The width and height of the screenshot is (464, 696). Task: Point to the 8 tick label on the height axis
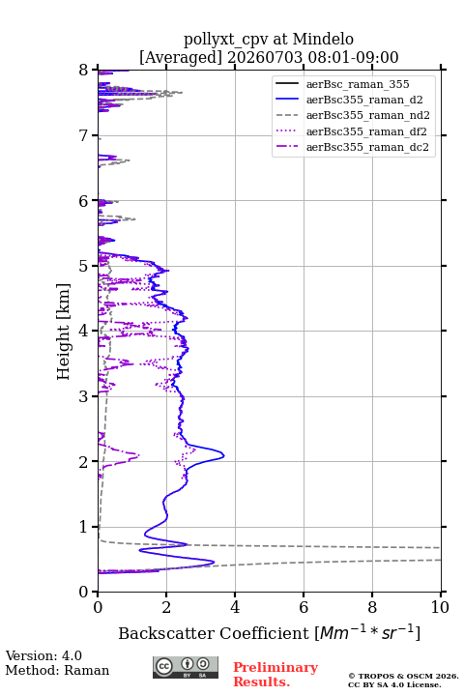[84, 70]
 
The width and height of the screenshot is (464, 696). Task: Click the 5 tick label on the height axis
[84, 266]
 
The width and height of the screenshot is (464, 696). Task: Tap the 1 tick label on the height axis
[84, 527]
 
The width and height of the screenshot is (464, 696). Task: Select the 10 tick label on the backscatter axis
[440, 607]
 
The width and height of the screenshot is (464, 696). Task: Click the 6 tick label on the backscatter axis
[304, 607]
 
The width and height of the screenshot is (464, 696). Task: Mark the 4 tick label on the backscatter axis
[235, 607]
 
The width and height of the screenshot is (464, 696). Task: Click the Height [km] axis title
[64, 332]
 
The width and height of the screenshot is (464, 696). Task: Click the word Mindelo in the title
[323, 39]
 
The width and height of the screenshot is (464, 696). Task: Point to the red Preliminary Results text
[275, 675]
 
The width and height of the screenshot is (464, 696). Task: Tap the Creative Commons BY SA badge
[186, 667]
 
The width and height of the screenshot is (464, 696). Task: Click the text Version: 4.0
[43, 655]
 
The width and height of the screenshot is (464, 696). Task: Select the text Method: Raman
[57, 670]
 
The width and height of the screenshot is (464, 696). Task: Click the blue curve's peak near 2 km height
[224, 455]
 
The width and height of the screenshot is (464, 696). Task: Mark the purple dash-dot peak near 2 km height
[138, 455]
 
